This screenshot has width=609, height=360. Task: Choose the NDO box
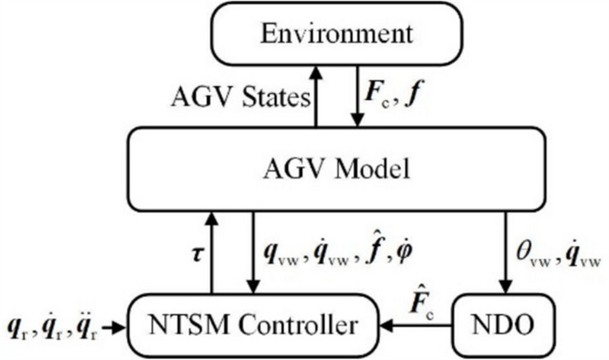point(504,326)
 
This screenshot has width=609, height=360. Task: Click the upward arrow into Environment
point(317,95)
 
